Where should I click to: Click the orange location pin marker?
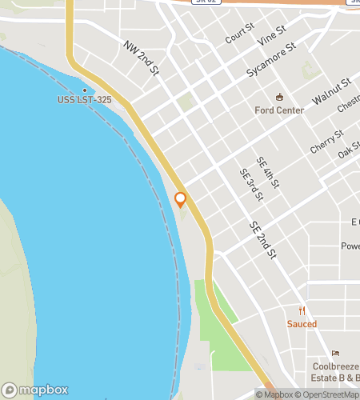coord(181,199)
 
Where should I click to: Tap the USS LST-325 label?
coord(84,100)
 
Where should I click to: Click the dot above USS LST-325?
coord(84,90)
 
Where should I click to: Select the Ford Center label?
coord(279,110)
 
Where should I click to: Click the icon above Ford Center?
coord(279,97)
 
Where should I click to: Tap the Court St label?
coord(239,33)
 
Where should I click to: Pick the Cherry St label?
coord(327,142)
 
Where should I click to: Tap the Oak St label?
coord(348,150)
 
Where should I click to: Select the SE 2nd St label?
coord(262,240)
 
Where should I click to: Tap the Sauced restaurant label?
coord(302,324)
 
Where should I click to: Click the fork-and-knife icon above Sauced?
coord(302,311)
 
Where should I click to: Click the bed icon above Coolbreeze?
coord(335,353)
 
